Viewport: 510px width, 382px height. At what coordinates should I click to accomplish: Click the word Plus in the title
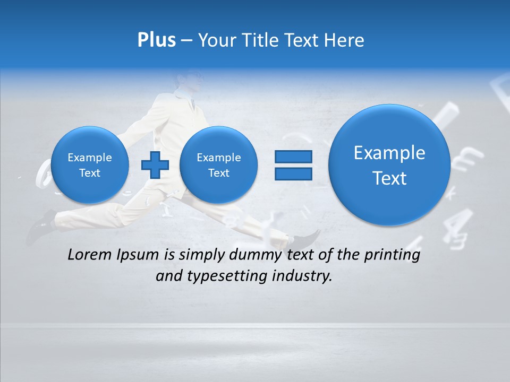(156, 40)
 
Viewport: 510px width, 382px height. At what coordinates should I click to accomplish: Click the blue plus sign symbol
(155, 165)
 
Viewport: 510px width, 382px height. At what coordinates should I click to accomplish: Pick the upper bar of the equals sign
(293, 157)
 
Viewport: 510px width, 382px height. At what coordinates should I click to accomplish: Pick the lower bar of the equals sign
(293, 174)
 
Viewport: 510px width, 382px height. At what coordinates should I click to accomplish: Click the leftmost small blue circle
(89, 165)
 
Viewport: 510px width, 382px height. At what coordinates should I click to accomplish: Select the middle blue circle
(218, 165)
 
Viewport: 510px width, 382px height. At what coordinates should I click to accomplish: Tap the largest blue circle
(389, 165)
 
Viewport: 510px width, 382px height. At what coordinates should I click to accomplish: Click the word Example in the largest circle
(389, 153)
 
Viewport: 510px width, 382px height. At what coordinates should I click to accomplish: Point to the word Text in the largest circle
(389, 178)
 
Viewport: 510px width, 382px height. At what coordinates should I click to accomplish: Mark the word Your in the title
(218, 40)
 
